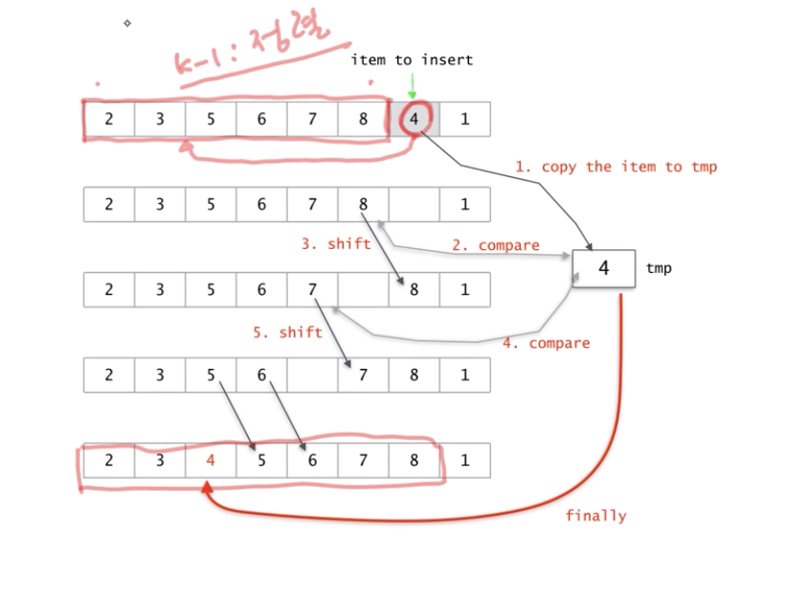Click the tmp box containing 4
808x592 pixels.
click(603, 268)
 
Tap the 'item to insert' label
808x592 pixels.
click(412, 60)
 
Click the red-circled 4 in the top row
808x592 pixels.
click(414, 120)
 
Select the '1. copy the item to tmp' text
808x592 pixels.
click(616, 167)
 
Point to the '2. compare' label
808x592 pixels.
click(495, 245)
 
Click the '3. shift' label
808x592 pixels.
click(335, 243)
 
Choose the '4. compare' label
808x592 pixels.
click(546, 343)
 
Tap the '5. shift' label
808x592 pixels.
click(287, 332)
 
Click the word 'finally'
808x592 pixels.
click(595, 515)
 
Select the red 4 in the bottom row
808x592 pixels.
click(211, 460)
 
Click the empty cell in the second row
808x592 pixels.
click(414, 204)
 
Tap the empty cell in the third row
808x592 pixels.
click(363, 289)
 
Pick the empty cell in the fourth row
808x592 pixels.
click(312, 375)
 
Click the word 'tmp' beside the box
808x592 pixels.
click(659, 269)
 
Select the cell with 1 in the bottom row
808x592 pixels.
click(464, 460)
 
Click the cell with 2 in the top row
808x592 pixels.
click(108, 120)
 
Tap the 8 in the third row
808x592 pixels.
click(414, 289)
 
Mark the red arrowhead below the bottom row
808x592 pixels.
click(206, 488)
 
